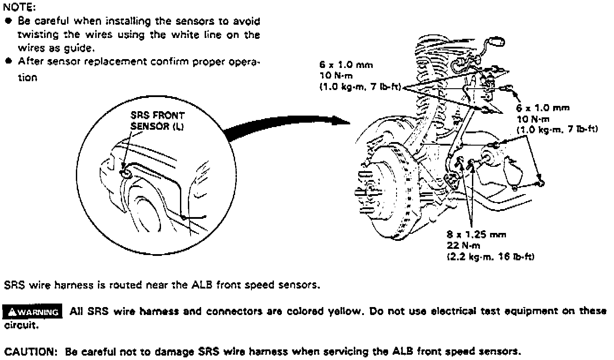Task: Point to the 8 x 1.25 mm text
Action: coord(476,235)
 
